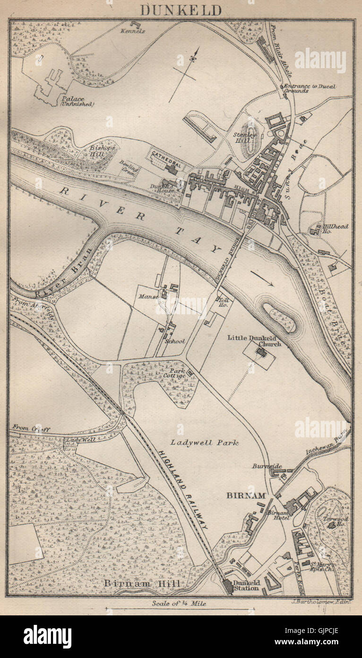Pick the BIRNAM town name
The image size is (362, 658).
(x=244, y=496)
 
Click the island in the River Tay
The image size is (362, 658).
(x=280, y=317)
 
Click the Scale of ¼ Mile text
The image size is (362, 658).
(x=179, y=604)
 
